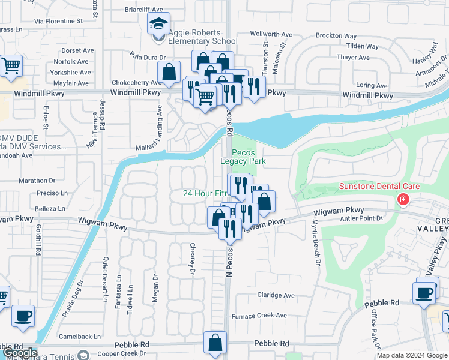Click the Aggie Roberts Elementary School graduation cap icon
click(x=159, y=25)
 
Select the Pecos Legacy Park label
click(x=243, y=157)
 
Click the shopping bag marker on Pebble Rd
click(x=215, y=343)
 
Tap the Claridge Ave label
click(x=276, y=295)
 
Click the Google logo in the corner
click(x=19, y=353)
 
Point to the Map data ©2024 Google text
click(x=411, y=355)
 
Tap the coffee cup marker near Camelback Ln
click(x=23, y=316)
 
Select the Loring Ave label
click(x=373, y=86)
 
